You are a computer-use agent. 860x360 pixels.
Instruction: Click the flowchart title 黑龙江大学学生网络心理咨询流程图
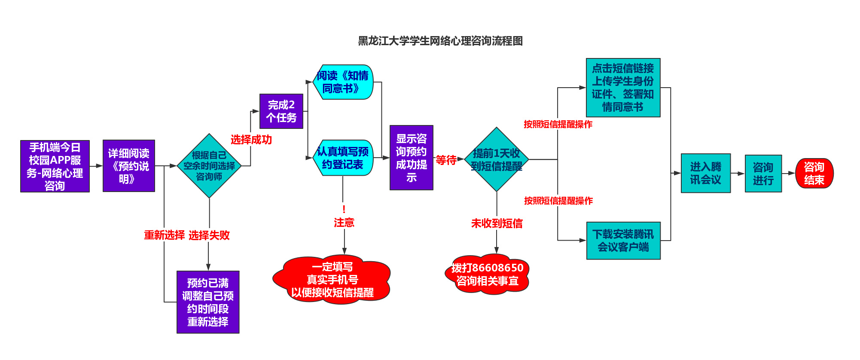(440, 41)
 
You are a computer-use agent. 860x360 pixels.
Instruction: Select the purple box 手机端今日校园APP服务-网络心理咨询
(55, 166)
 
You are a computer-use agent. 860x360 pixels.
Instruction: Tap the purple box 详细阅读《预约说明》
(128, 166)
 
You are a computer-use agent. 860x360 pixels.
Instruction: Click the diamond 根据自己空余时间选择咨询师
(209, 166)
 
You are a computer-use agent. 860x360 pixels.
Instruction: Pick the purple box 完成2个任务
(281, 111)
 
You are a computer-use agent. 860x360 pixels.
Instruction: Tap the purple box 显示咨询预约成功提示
(411, 158)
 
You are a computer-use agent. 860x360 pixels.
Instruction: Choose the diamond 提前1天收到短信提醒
(497, 159)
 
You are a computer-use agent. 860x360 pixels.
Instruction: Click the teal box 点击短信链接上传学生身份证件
(623, 88)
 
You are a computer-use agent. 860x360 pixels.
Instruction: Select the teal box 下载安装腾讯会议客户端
(623, 241)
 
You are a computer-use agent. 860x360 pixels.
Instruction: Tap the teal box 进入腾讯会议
(705, 173)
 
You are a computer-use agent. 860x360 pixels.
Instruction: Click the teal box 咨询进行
(763, 174)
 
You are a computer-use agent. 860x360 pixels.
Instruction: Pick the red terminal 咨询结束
(814, 174)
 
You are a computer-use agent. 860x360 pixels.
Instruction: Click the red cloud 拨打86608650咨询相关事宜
(487, 275)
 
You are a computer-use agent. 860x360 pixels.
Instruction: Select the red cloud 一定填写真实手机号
(332, 280)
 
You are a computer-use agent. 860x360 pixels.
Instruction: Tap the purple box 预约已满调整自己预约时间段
(208, 302)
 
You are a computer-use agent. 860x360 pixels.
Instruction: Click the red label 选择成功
(251, 140)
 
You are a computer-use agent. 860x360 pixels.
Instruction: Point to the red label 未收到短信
(497, 223)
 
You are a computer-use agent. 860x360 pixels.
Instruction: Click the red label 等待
(446, 160)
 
